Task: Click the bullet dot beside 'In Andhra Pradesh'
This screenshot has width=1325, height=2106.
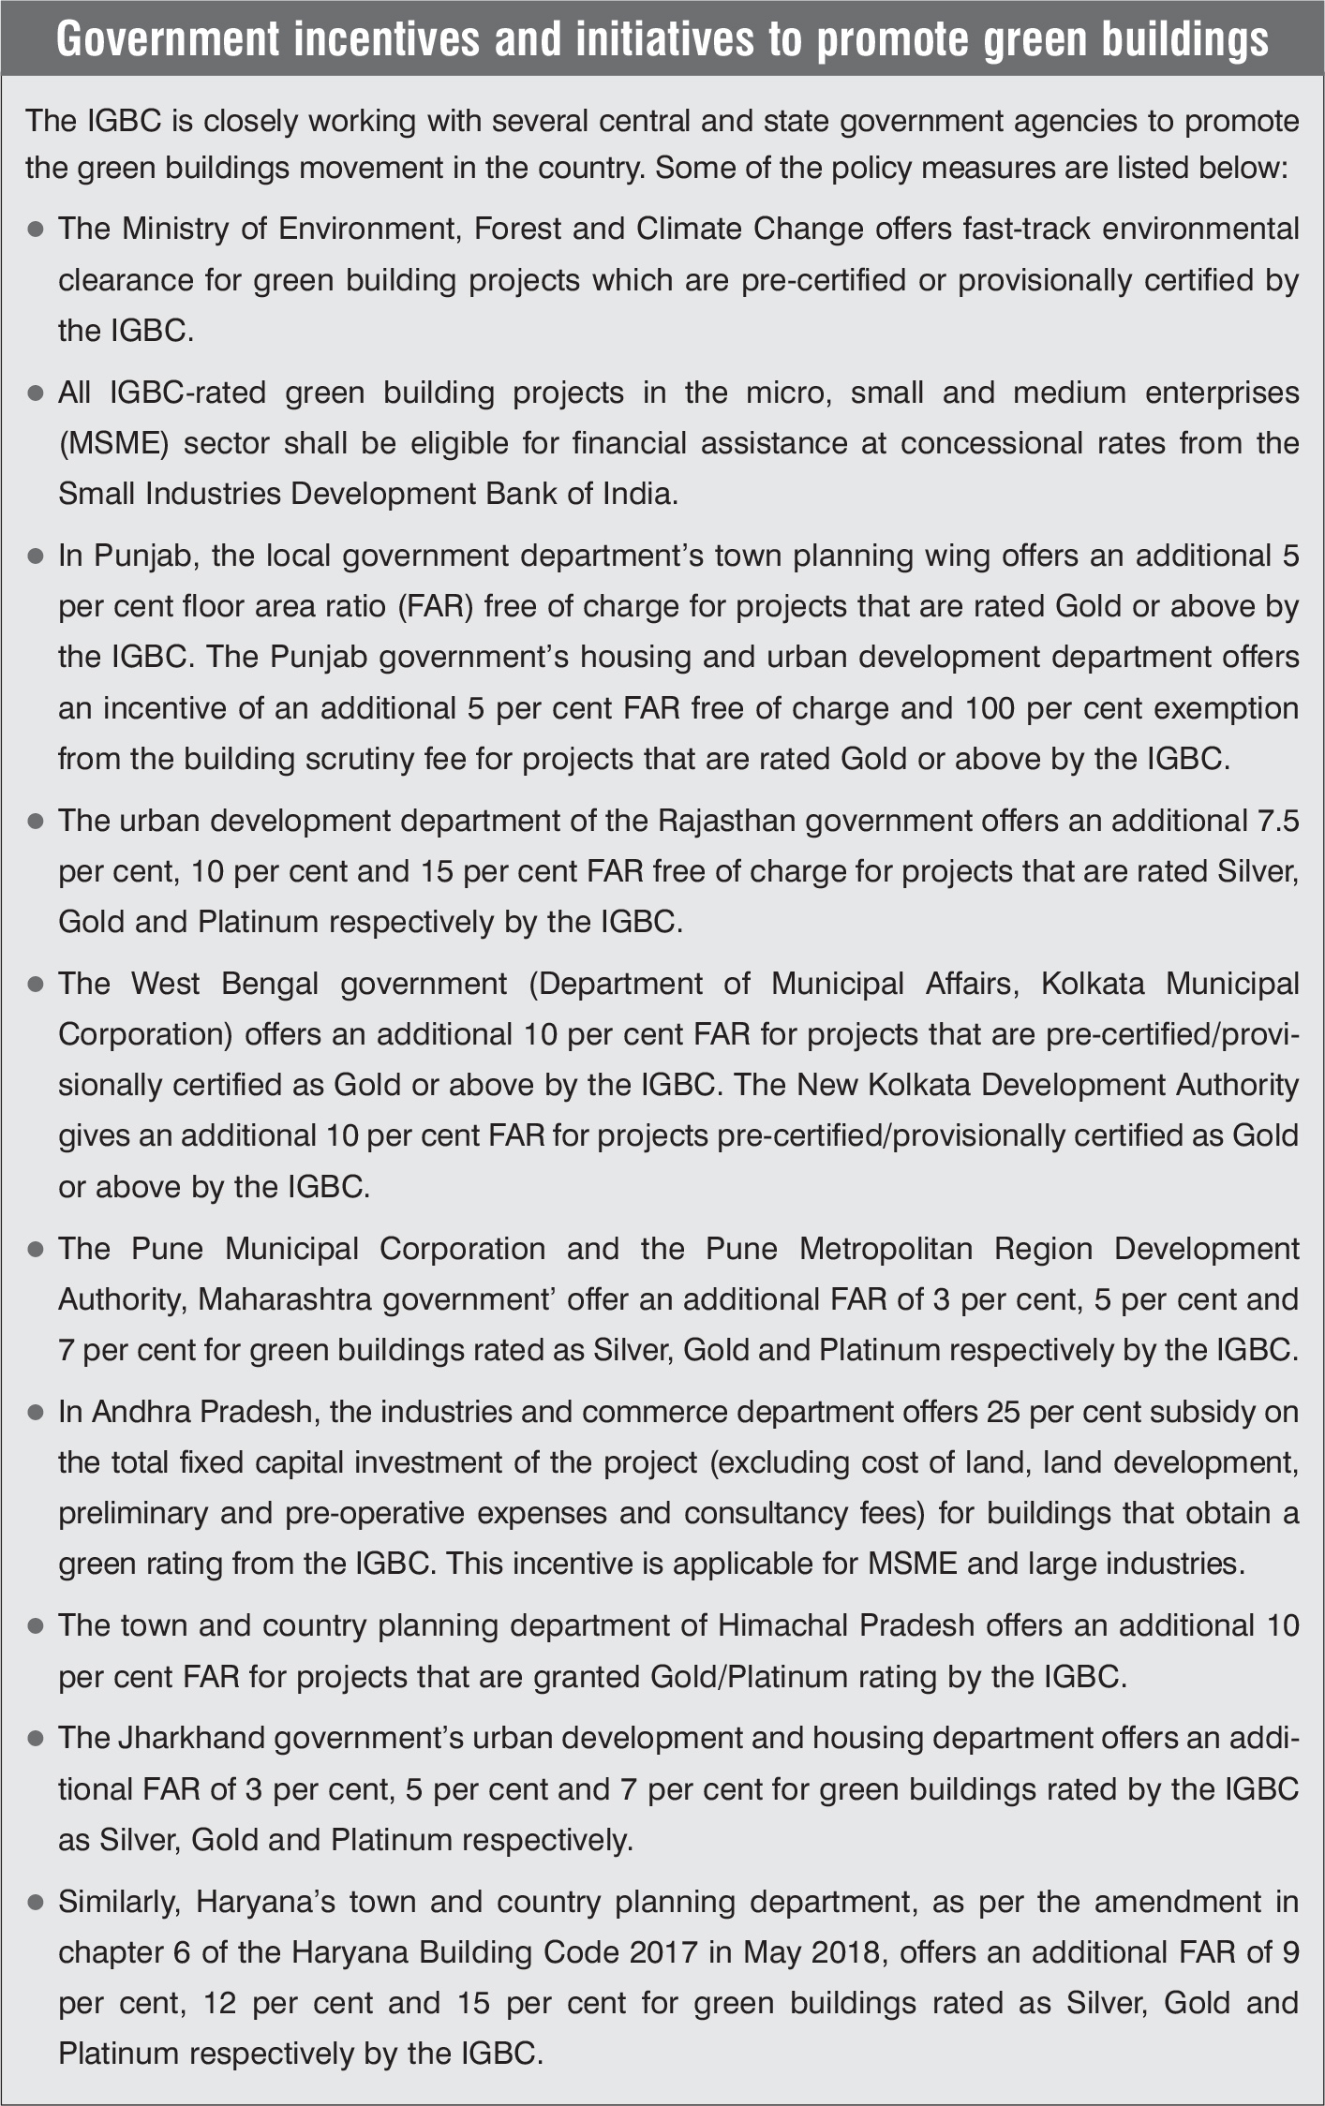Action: click(37, 1412)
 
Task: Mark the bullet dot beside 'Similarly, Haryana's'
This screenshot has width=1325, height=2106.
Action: click(37, 1902)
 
